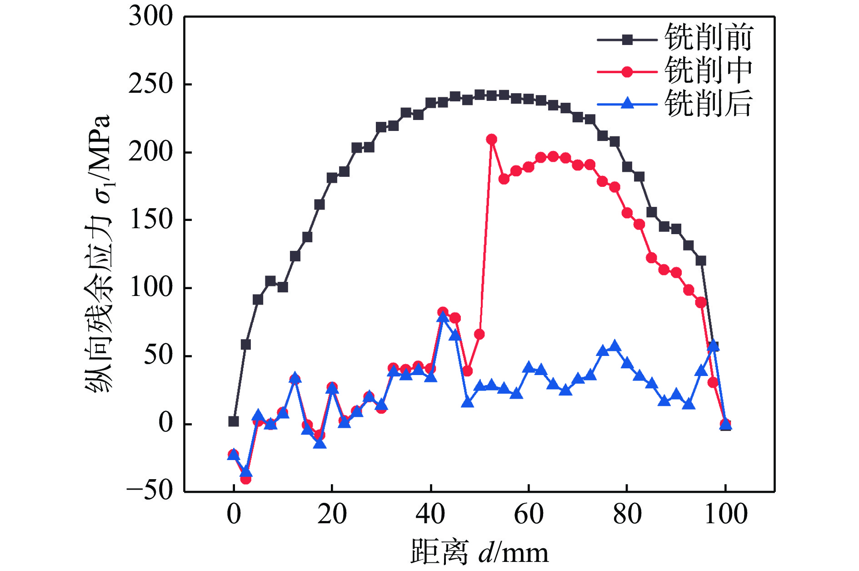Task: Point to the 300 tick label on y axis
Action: click(150, 17)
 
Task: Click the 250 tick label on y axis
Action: click(150, 85)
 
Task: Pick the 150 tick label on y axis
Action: click(150, 220)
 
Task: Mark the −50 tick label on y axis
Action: click(150, 491)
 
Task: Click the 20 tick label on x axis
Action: click(332, 514)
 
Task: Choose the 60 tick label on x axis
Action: click(529, 514)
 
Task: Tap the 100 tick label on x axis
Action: click(725, 514)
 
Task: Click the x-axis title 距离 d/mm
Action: click(479, 552)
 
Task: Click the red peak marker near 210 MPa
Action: click(491, 139)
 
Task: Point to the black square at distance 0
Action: click(234, 421)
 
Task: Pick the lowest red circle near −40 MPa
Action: click(246, 479)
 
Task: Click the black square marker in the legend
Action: click(627, 40)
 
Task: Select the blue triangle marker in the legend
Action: click(627, 104)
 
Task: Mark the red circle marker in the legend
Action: click(627, 72)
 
